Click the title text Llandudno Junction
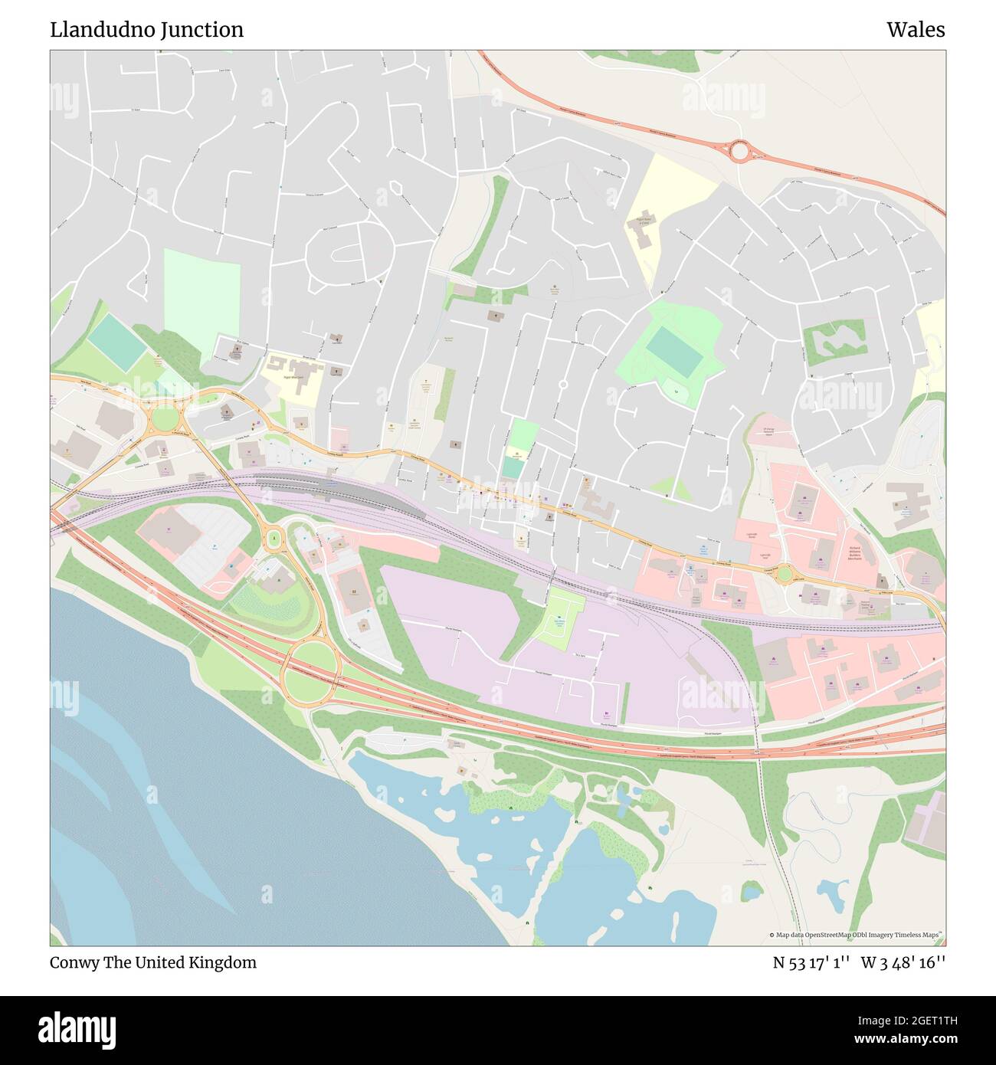pyautogui.click(x=147, y=30)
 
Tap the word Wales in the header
pyautogui.click(x=916, y=30)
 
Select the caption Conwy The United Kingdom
pyautogui.click(x=153, y=962)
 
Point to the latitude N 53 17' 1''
pyautogui.click(x=811, y=962)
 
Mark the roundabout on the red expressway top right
pyautogui.click(x=739, y=151)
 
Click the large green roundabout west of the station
pyautogui.click(x=164, y=419)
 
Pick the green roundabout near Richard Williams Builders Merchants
pyautogui.click(x=783, y=573)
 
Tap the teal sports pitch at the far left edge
pyautogui.click(x=116, y=342)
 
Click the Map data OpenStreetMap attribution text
pyautogui.click(x=856, y=935)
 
